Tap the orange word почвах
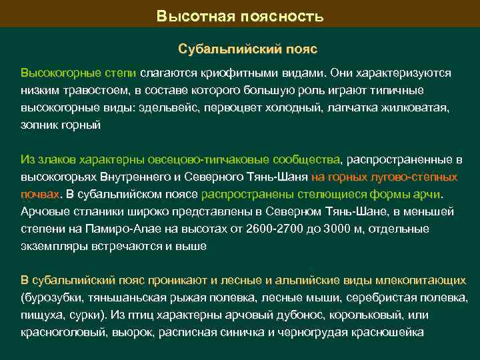(39, 195)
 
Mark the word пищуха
(41, 315)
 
